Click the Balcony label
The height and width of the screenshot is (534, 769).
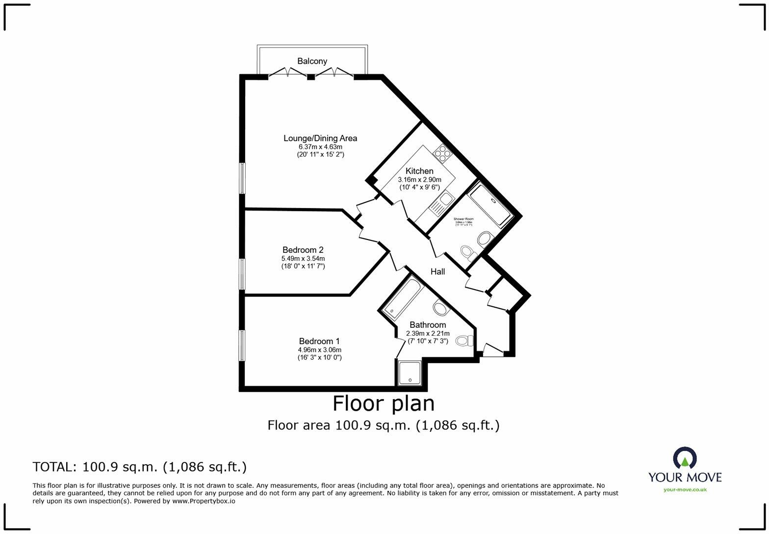point(312,61)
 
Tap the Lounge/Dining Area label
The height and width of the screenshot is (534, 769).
point(320,138)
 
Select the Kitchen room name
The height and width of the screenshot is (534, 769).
point(419,171)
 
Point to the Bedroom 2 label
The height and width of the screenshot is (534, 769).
point(303,250)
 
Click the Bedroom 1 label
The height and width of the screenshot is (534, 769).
point(319,341)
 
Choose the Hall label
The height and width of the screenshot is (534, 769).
point(437,271)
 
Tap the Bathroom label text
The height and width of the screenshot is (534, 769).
point(428,325)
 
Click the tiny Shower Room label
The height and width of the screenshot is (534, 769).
point(463,219)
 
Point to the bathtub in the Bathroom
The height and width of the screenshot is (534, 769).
point(403,299)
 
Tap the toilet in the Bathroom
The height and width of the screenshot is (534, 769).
point(464,340)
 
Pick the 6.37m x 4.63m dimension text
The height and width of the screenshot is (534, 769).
point(320,147)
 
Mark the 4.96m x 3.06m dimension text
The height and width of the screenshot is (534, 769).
point(319,350)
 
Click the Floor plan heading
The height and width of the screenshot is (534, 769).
point(384,403)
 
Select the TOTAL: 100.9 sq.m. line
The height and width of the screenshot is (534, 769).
point(140,466)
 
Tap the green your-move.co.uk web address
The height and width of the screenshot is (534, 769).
point(685,489)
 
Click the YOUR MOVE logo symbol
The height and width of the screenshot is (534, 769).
point(685,457)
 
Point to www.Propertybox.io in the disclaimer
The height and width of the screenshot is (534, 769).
point(203,501)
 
